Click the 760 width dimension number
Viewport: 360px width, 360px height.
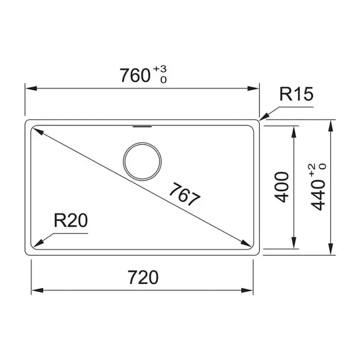click(135, 75)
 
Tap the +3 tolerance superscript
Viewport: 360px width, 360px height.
click(160, 69)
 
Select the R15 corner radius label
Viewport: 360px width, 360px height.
click(296, 94)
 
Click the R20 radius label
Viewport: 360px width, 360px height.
click(71, 221)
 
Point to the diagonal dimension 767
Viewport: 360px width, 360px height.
click(184, 194)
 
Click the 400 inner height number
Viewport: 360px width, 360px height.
click(282, 187)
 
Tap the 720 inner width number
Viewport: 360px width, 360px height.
click(143, 277)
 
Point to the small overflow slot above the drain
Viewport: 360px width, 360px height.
click(142, 127)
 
